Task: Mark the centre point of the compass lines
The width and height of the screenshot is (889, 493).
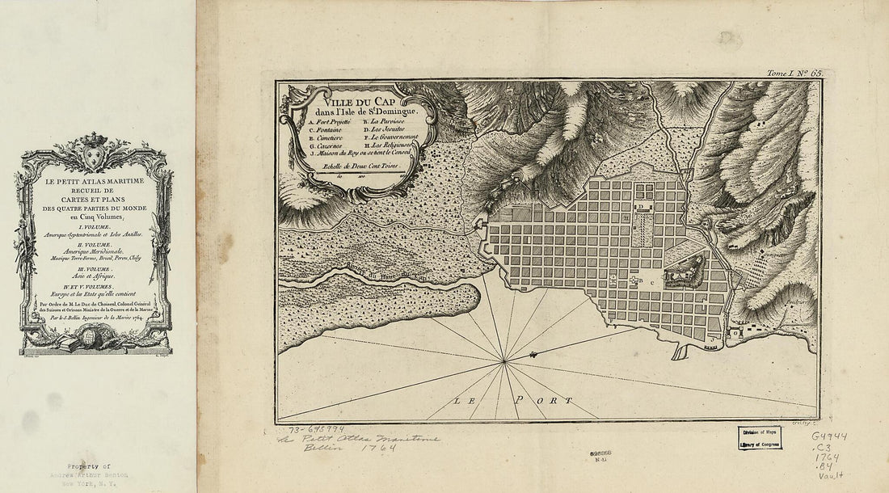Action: pos(505,361)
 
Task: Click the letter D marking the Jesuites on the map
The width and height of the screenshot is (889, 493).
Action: pos(638,207)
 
